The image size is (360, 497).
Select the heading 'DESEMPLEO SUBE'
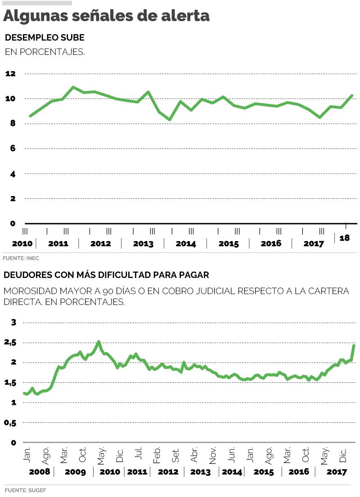pos(45,37)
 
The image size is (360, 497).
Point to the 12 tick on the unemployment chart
pos(10,73)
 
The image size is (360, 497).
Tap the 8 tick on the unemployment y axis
pos(13,123)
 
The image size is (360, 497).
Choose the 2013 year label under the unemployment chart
pos(143,244)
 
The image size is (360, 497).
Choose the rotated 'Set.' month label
pos(176,457)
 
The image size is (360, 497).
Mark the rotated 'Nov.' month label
pos(213,456)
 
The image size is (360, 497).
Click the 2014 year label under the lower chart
pos(232,472)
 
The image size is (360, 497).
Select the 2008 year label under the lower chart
pos(40,472)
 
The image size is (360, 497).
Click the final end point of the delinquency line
pos(354,345)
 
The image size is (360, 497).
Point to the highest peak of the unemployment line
pos(73,87)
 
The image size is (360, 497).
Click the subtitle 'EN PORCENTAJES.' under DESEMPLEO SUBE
pos(45,52)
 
